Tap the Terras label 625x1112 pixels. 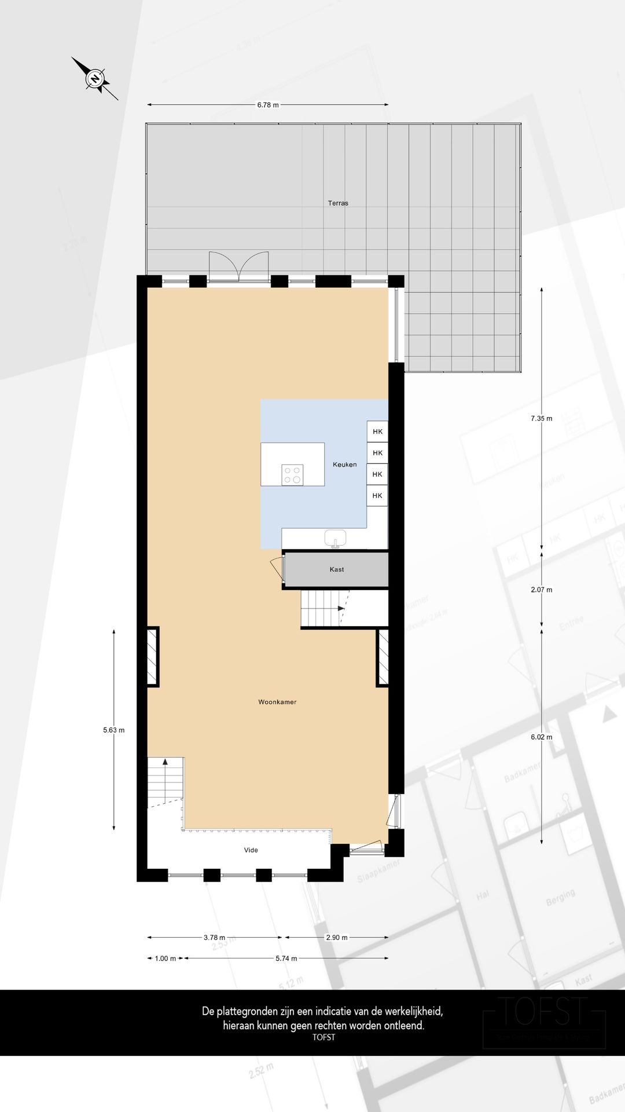(x=338, y=203)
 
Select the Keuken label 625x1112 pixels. (x=344, y=464)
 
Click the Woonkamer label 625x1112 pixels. (x=277, y=702)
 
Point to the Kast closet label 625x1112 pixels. (x=337, y=569)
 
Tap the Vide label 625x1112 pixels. (x=251, y=850)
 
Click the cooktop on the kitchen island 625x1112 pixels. (x=292, y=475)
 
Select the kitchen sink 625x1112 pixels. (x=335, y=539)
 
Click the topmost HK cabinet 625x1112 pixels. (x=377, y=431)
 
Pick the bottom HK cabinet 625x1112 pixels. (x=377, y=496)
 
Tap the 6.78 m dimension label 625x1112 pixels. (x=268, y=105)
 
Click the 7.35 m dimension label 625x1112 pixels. (x=541, y=418)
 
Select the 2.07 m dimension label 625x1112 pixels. (x=541, y=590)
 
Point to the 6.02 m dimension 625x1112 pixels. (x=541, y=737)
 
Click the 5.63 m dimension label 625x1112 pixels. (x=113, y=730)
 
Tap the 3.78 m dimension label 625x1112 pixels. (x=214, y=937)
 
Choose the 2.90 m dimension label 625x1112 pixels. (x=336, y=937)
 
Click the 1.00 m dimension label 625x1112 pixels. (x=165, y=959)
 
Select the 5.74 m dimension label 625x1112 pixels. (x=286, y=959)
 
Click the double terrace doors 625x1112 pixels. (x=239, y=268)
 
